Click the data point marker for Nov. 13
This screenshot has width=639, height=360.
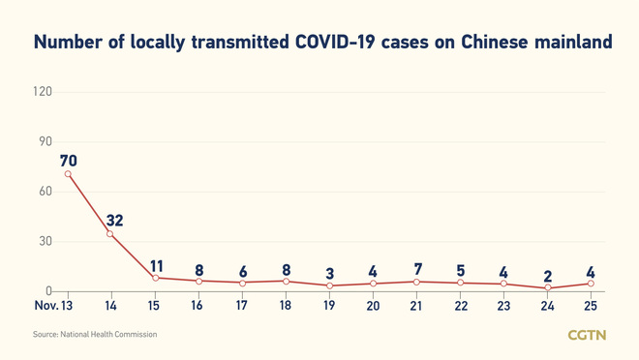pos(68,174)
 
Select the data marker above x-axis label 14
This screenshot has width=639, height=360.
pos(110,234)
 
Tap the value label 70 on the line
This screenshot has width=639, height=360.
pos(68,160)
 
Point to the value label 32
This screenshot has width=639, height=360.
pos(114,221)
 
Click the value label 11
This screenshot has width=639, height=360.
pos(156,265)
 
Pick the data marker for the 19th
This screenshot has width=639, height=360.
pos(330,285)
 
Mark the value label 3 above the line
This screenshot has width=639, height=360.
pos(330,274)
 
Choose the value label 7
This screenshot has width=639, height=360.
pos(417,268)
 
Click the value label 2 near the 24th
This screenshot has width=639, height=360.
pos(548,276)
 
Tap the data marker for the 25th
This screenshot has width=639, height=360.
pos(592,284)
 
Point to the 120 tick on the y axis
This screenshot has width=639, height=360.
pos(42,92)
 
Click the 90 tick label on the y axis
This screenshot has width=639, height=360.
pos(45,141)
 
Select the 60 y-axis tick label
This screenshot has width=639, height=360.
pos(45,192)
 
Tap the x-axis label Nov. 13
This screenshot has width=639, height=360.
pos(53,306)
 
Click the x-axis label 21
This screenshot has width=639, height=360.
pos(417,306)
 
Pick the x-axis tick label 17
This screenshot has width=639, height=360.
pos(242,306)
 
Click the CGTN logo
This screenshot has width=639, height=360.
pos(587,335)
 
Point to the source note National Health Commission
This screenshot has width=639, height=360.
pos(95,335)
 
